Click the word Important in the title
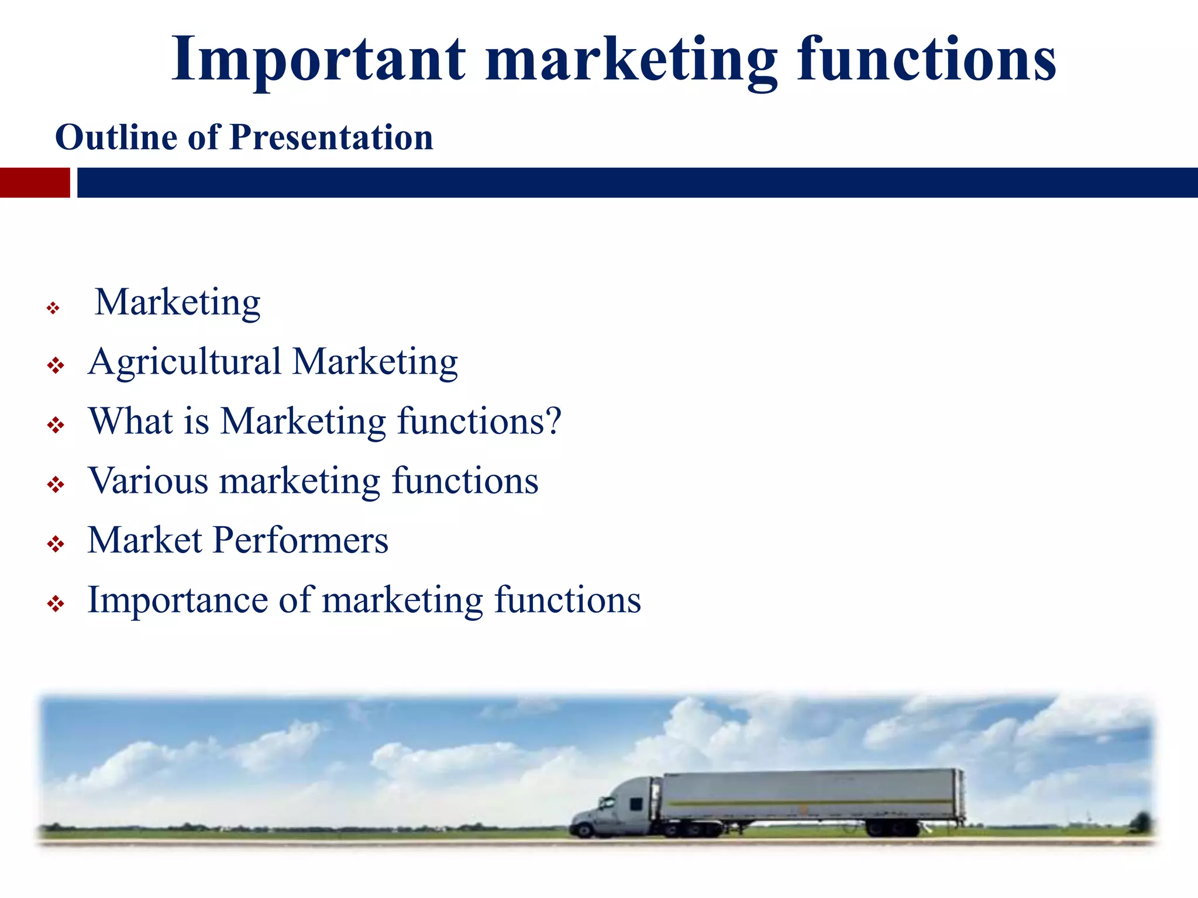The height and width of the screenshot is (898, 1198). pos(319,60)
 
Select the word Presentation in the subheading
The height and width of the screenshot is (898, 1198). pos(331,138)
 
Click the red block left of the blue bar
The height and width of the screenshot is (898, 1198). pos(35,182)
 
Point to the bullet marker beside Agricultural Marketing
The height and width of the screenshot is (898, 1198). pos(56,367)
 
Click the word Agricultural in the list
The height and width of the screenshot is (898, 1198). pos(184,362)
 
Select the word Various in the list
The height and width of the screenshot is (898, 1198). pos(148,481)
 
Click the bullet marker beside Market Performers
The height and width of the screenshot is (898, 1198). pos(56,545)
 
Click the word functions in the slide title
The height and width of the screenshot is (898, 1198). pos(927,60)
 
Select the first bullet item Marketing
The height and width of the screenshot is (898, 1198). pos(177,303)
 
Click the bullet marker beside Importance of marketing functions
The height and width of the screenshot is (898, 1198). pos(56,604)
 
